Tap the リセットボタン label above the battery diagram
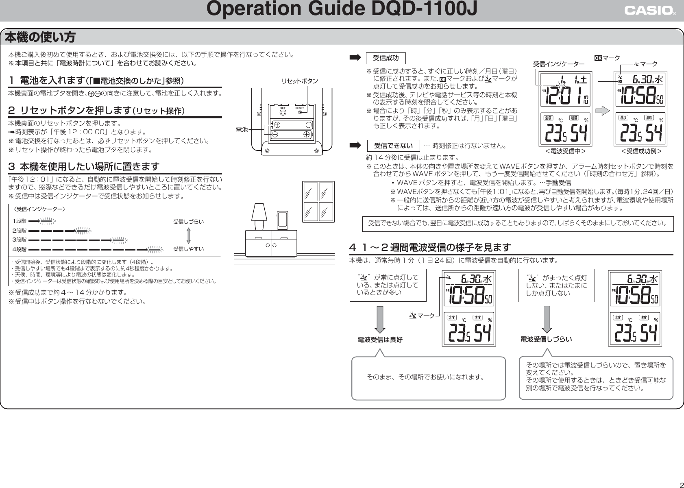click(x=300, y=81)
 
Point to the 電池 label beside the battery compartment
click(x=242, y=129)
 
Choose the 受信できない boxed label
click(x=393, y=146)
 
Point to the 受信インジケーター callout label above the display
click(x=559, y=64)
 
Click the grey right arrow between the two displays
click(x=603, y=109)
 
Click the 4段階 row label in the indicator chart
click(x=19, y=249)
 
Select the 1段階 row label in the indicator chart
click(x=19, y=221)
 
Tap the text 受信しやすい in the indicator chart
click(x=188, y=249)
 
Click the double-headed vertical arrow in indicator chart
click(x=188, y=235)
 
